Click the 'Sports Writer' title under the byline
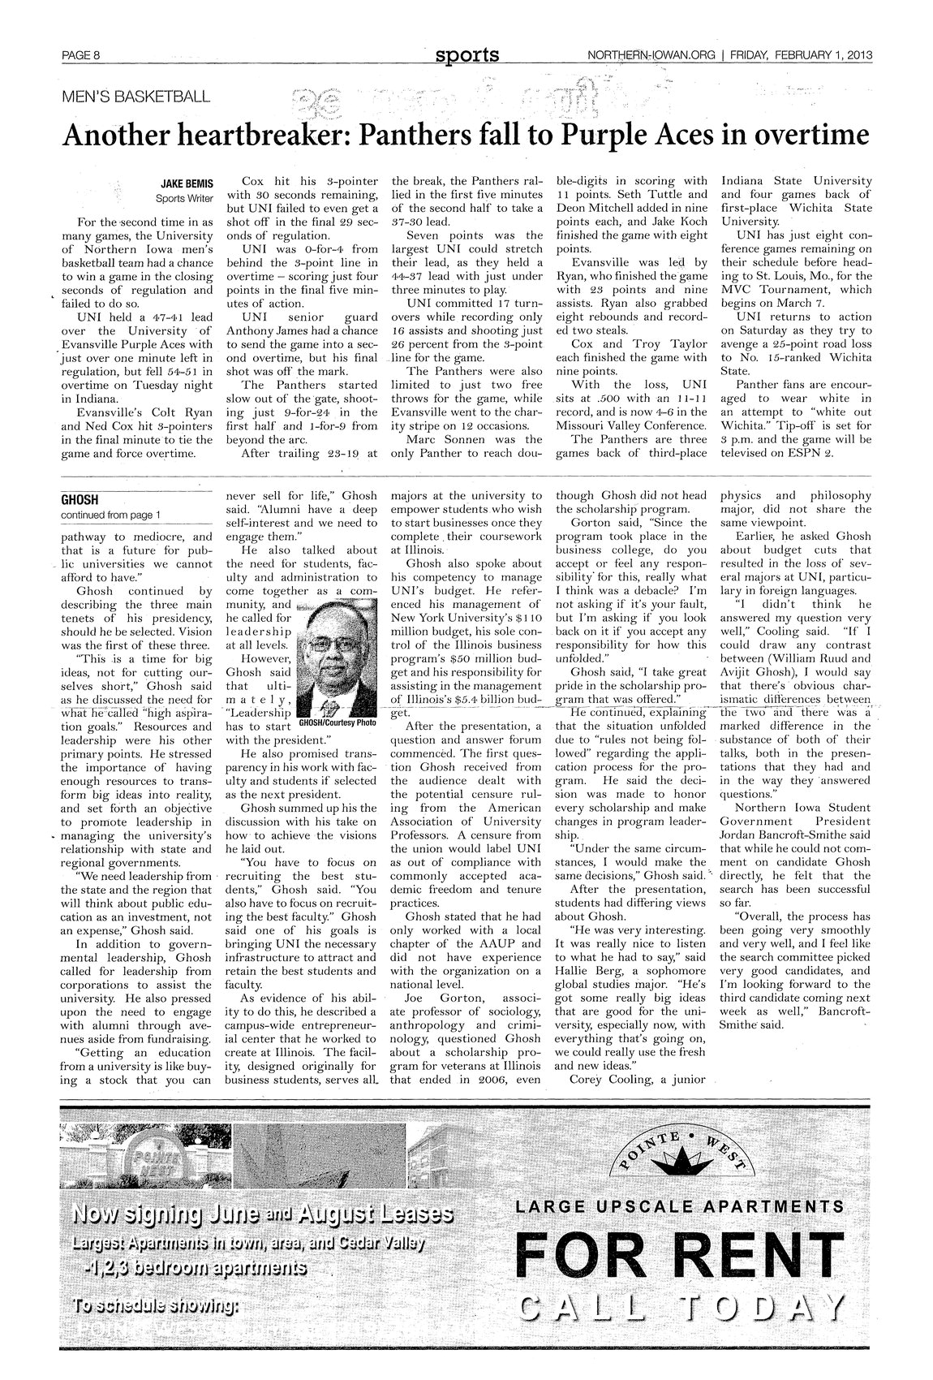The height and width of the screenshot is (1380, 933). (184, 198)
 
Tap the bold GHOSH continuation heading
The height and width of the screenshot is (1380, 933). (80, 499)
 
